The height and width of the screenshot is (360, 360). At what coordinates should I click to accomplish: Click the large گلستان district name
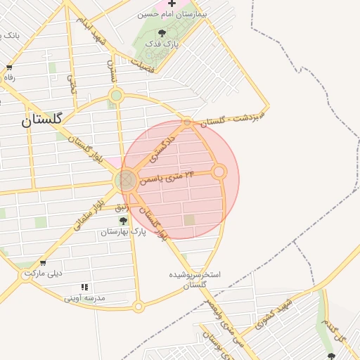point(42,120)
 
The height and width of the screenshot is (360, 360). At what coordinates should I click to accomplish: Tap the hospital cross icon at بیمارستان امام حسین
point(172,4)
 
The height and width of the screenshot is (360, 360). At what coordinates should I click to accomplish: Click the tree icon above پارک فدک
point(162,32)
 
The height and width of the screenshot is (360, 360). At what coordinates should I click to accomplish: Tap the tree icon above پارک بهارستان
point(124,221)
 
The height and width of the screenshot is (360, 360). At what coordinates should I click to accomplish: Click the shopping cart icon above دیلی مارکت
point(44,262)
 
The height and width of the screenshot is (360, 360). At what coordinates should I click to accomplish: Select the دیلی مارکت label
point(44,273)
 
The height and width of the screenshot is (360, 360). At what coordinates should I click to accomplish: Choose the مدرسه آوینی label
point(84,298)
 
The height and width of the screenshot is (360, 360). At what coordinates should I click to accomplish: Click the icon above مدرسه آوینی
point(84,287)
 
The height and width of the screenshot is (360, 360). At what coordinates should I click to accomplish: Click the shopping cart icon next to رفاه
point(9,67)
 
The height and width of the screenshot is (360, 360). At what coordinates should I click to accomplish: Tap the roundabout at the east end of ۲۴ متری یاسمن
point(219,172)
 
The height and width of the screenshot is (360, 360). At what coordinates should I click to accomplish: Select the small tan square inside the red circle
point(190,220)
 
